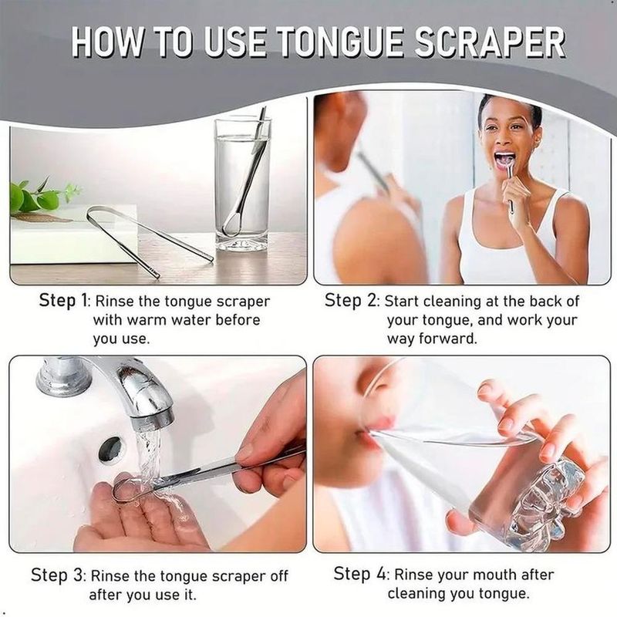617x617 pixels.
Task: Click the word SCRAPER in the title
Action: [490, 42]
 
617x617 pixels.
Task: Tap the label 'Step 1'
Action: [64, 301]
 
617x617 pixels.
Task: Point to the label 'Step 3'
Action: [57, 575]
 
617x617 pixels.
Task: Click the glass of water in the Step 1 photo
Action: [243, 184]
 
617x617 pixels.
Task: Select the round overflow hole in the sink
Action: [110, 449]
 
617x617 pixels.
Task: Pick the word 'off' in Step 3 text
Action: [279, 575]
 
